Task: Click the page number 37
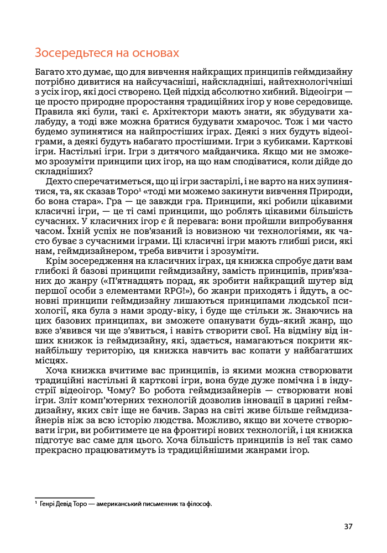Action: (x=348, y=526)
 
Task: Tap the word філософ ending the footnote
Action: (x=201, y=504)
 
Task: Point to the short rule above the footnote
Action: (x=64, y=498)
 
